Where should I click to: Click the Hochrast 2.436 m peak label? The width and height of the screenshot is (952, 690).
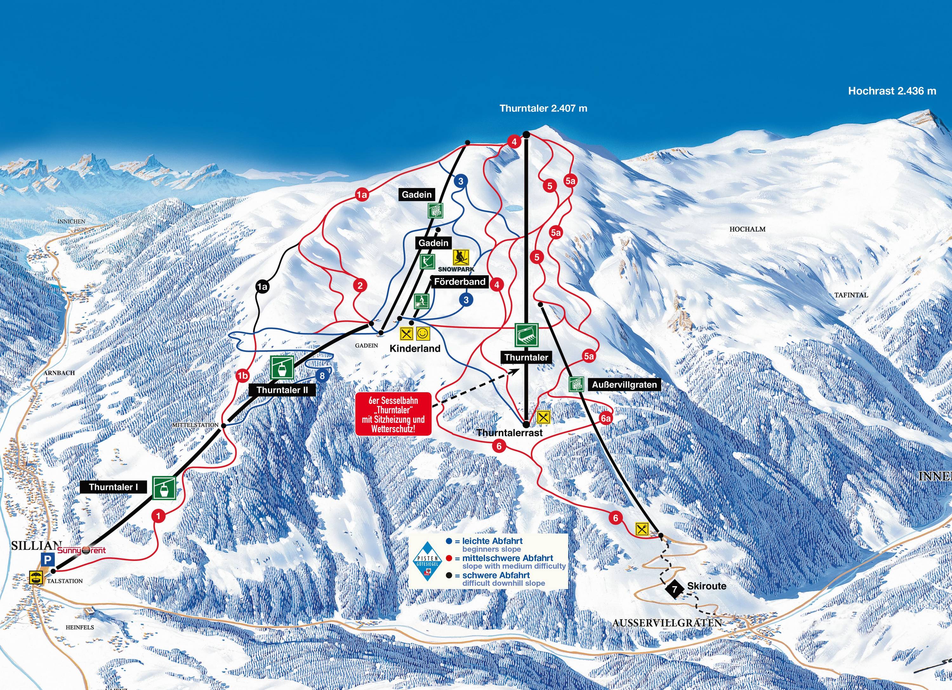[x=892, y=91]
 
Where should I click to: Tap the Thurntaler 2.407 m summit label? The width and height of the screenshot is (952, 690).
[x=543, y=108]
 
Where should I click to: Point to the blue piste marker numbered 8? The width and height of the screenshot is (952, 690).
[x=322, y=375]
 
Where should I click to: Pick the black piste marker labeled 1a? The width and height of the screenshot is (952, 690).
[x=262, y=287]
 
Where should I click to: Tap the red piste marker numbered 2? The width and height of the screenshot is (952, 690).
[x=360, y=285]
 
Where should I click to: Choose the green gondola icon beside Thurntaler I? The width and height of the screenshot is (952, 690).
[x=163, y=488]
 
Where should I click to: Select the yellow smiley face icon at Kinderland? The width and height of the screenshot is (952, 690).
[x=423, y=334]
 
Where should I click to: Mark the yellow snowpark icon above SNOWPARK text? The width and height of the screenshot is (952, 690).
[x=461, y=257]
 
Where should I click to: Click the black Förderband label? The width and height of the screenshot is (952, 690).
[x=459, y=282]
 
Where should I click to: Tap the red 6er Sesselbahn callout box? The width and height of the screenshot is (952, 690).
[x=393, y=414]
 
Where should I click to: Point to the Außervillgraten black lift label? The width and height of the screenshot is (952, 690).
[x=624, y=385]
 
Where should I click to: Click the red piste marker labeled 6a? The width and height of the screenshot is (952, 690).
[x=605, y=419]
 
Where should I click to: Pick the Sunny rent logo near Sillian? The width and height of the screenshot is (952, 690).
[x=82, y=550]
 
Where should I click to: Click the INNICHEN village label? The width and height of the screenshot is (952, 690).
[x=71, y=221]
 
